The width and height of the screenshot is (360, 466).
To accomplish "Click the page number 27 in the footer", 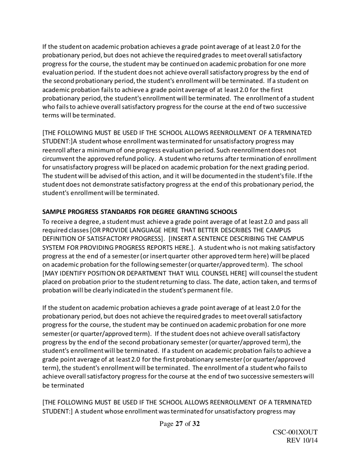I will pyautogui.click(x=179, y=424).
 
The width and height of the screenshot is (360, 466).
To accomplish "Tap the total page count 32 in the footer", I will pyautogui.click(x=196, y=424).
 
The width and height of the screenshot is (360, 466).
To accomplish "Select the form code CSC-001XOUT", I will pyautogui.click(x=295, y=433).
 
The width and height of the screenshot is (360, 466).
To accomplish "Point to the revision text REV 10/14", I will pyautogui.click(x=302, y=441).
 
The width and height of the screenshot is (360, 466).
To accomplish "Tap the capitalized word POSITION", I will pyautogui.click(x=96, y=274).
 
